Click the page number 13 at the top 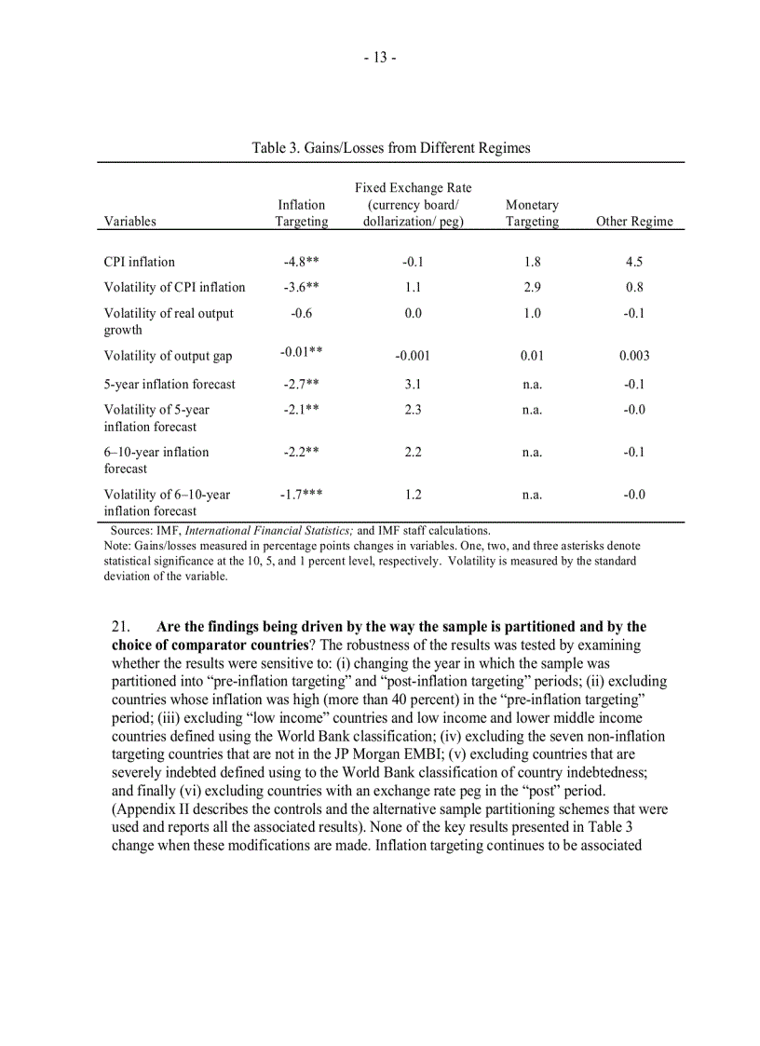(x=380, y=58)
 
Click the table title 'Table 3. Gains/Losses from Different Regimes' (x=391, y=148)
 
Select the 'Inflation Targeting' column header (x=302, y=213)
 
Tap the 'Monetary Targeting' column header (x=532, y=213)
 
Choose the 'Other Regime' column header (x=634, y=222)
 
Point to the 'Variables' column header (x=130, y=222)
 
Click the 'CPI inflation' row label (x=140, y=262)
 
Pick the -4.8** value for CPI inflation (x=302, y=262)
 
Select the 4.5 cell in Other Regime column (x=634, y=262)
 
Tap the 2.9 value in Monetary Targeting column (x=532, y=287)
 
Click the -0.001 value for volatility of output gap (x=413, y=356)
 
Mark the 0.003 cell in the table (x=634, y=356)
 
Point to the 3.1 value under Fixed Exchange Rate (x=413, y=384)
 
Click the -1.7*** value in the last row (x=302, y=495)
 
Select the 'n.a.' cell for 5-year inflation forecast (x=532, y=384)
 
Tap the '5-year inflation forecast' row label (x=170, y=384)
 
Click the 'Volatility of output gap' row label (x=169, y=356)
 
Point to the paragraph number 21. (x=121, y=627)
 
